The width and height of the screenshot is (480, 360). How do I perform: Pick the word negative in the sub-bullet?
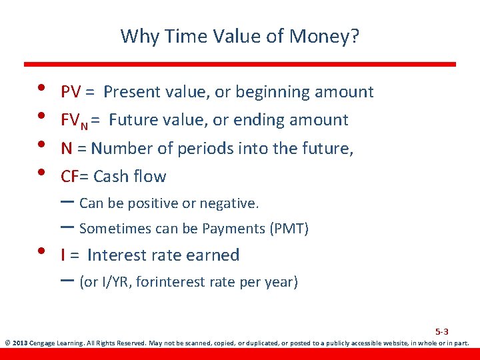tap(233, 203)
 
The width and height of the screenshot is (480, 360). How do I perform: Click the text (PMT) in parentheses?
tap(289, 229)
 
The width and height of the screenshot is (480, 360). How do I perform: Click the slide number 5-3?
tap(441, 331)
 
